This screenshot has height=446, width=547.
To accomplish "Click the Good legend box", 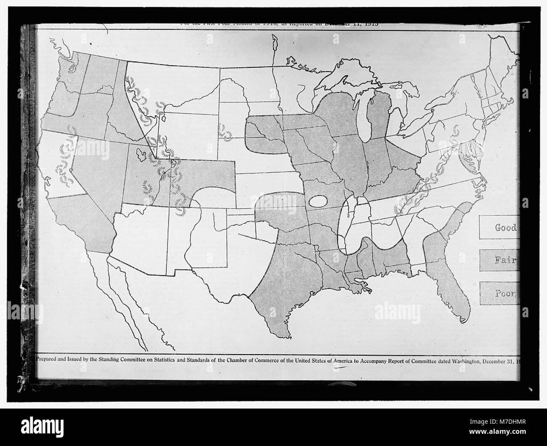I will (499, 228).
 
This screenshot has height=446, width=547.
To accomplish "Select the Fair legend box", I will (499, 260).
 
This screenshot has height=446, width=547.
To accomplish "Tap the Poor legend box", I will (499, 293).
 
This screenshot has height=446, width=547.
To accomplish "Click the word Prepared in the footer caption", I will (50, 360).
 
